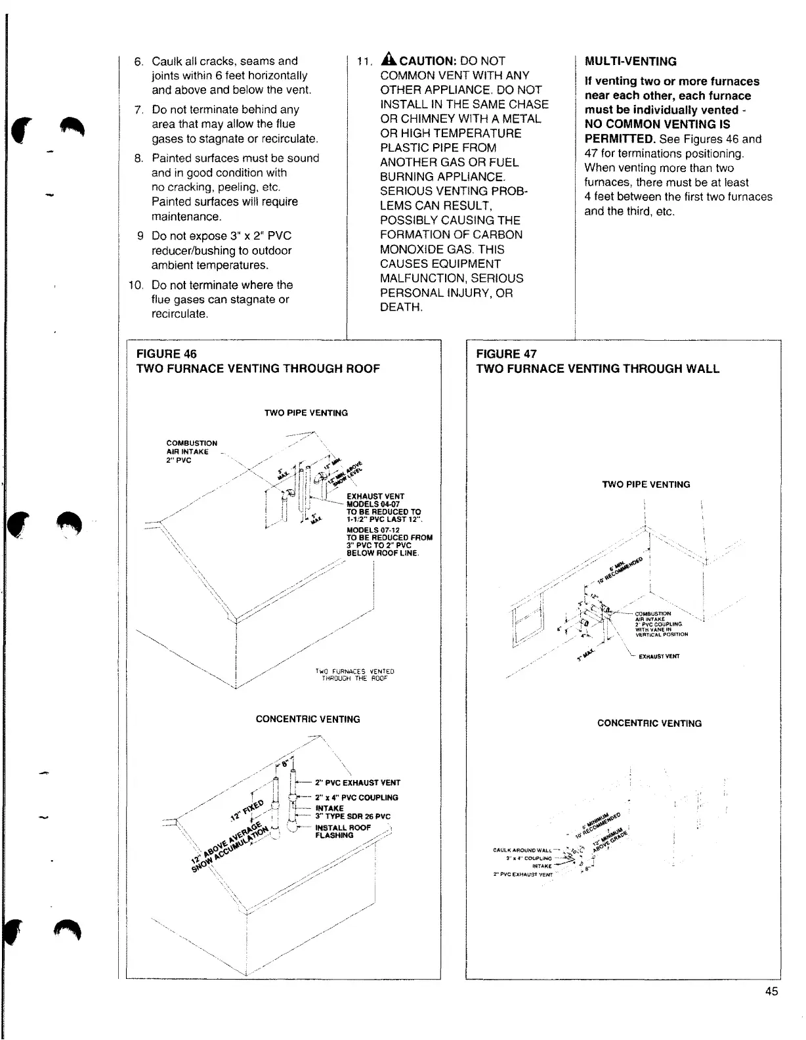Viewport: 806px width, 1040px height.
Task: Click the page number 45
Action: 771,991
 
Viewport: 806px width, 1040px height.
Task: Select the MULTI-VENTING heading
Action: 630,62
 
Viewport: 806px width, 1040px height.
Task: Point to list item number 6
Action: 138,62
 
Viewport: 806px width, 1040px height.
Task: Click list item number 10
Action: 136,285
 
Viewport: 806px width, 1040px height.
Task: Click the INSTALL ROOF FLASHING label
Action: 343,831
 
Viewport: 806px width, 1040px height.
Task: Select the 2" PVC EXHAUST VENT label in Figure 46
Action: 357,783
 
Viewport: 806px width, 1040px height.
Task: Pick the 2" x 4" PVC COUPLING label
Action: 356,798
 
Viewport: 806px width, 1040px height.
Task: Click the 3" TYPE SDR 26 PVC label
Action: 352,817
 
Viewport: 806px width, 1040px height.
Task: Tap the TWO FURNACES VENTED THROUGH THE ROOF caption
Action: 354,675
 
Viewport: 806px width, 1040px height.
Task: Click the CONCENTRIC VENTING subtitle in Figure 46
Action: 308,719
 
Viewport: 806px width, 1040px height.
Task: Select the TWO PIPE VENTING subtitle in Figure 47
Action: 646,485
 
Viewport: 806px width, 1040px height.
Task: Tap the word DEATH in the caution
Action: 400,307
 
